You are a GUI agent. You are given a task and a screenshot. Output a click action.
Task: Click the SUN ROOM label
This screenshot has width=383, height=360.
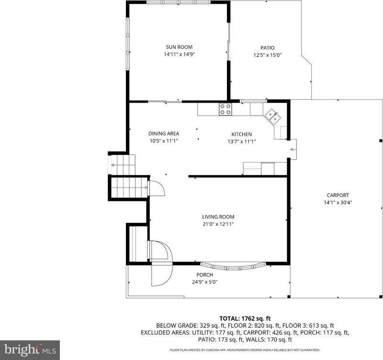pos(179,47)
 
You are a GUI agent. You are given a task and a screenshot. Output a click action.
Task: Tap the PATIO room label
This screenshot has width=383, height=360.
pos(267,47)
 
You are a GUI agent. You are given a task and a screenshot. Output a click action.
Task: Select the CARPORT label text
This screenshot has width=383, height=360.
pos(338,195)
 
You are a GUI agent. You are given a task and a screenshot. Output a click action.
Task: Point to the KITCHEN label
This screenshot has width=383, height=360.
pos(241,134)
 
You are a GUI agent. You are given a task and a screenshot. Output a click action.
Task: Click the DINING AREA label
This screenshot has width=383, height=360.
pos(163,133)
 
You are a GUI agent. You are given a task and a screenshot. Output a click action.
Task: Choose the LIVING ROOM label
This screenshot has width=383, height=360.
pos(218,217)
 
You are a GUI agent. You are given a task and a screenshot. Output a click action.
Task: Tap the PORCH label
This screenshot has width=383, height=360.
pos(204,275)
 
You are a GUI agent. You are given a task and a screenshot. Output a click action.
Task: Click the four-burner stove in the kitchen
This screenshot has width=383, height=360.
pos(225,109)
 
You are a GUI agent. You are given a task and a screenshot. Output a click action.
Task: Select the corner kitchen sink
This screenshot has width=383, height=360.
pos(273,116)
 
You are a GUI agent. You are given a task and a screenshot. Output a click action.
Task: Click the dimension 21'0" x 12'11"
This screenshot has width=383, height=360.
pos(218,224)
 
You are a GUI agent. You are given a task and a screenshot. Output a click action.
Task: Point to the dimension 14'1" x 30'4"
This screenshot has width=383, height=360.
pos(338,202)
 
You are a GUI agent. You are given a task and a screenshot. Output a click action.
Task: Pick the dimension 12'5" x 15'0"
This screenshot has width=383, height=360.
pos(267,55)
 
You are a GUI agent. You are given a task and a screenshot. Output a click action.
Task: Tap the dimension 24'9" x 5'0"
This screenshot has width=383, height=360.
pos(204,282)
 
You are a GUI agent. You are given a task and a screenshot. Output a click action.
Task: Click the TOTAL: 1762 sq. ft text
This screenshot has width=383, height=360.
pos(245,318)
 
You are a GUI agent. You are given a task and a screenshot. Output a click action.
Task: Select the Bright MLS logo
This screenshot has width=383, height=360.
pos(30,349)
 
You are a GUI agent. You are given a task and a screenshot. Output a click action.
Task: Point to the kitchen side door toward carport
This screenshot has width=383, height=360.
pos(293,149)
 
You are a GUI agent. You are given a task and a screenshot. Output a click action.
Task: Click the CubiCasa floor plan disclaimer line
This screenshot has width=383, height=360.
pos(245,350)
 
